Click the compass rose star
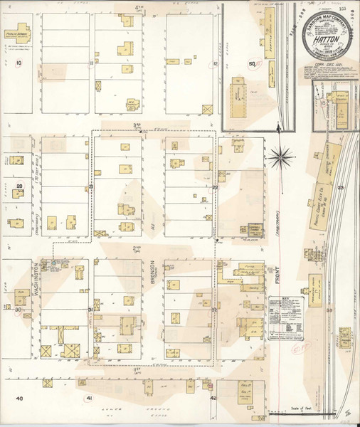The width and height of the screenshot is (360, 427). [x=282, y=153]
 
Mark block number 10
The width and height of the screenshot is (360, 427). [x=18, y=63]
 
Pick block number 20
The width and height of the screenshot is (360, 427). [x=20, y=186]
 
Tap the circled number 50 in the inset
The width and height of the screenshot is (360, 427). [x=251, y=64]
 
